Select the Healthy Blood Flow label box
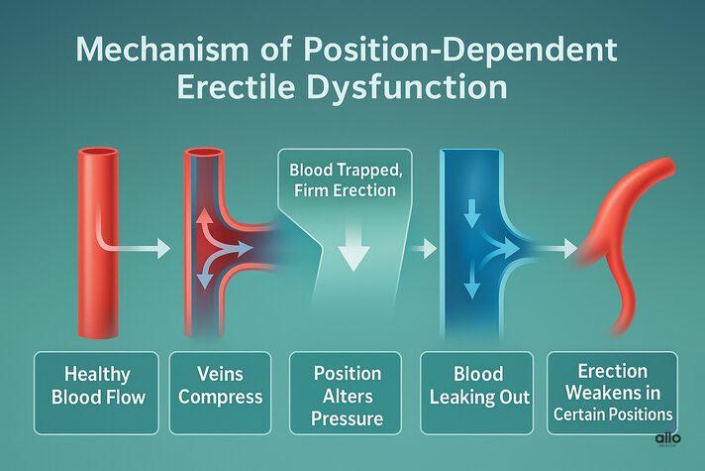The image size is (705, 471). tap(97, 392)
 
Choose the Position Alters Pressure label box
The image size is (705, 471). tap(348, 392)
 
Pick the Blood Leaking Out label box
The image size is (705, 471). tap(479, 392)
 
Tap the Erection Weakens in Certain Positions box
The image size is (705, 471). tap(612, 392)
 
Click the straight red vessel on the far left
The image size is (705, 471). tap(98, 248)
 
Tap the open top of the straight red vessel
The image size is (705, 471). tap(98, 154)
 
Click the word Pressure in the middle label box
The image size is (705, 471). tap(348, 418)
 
